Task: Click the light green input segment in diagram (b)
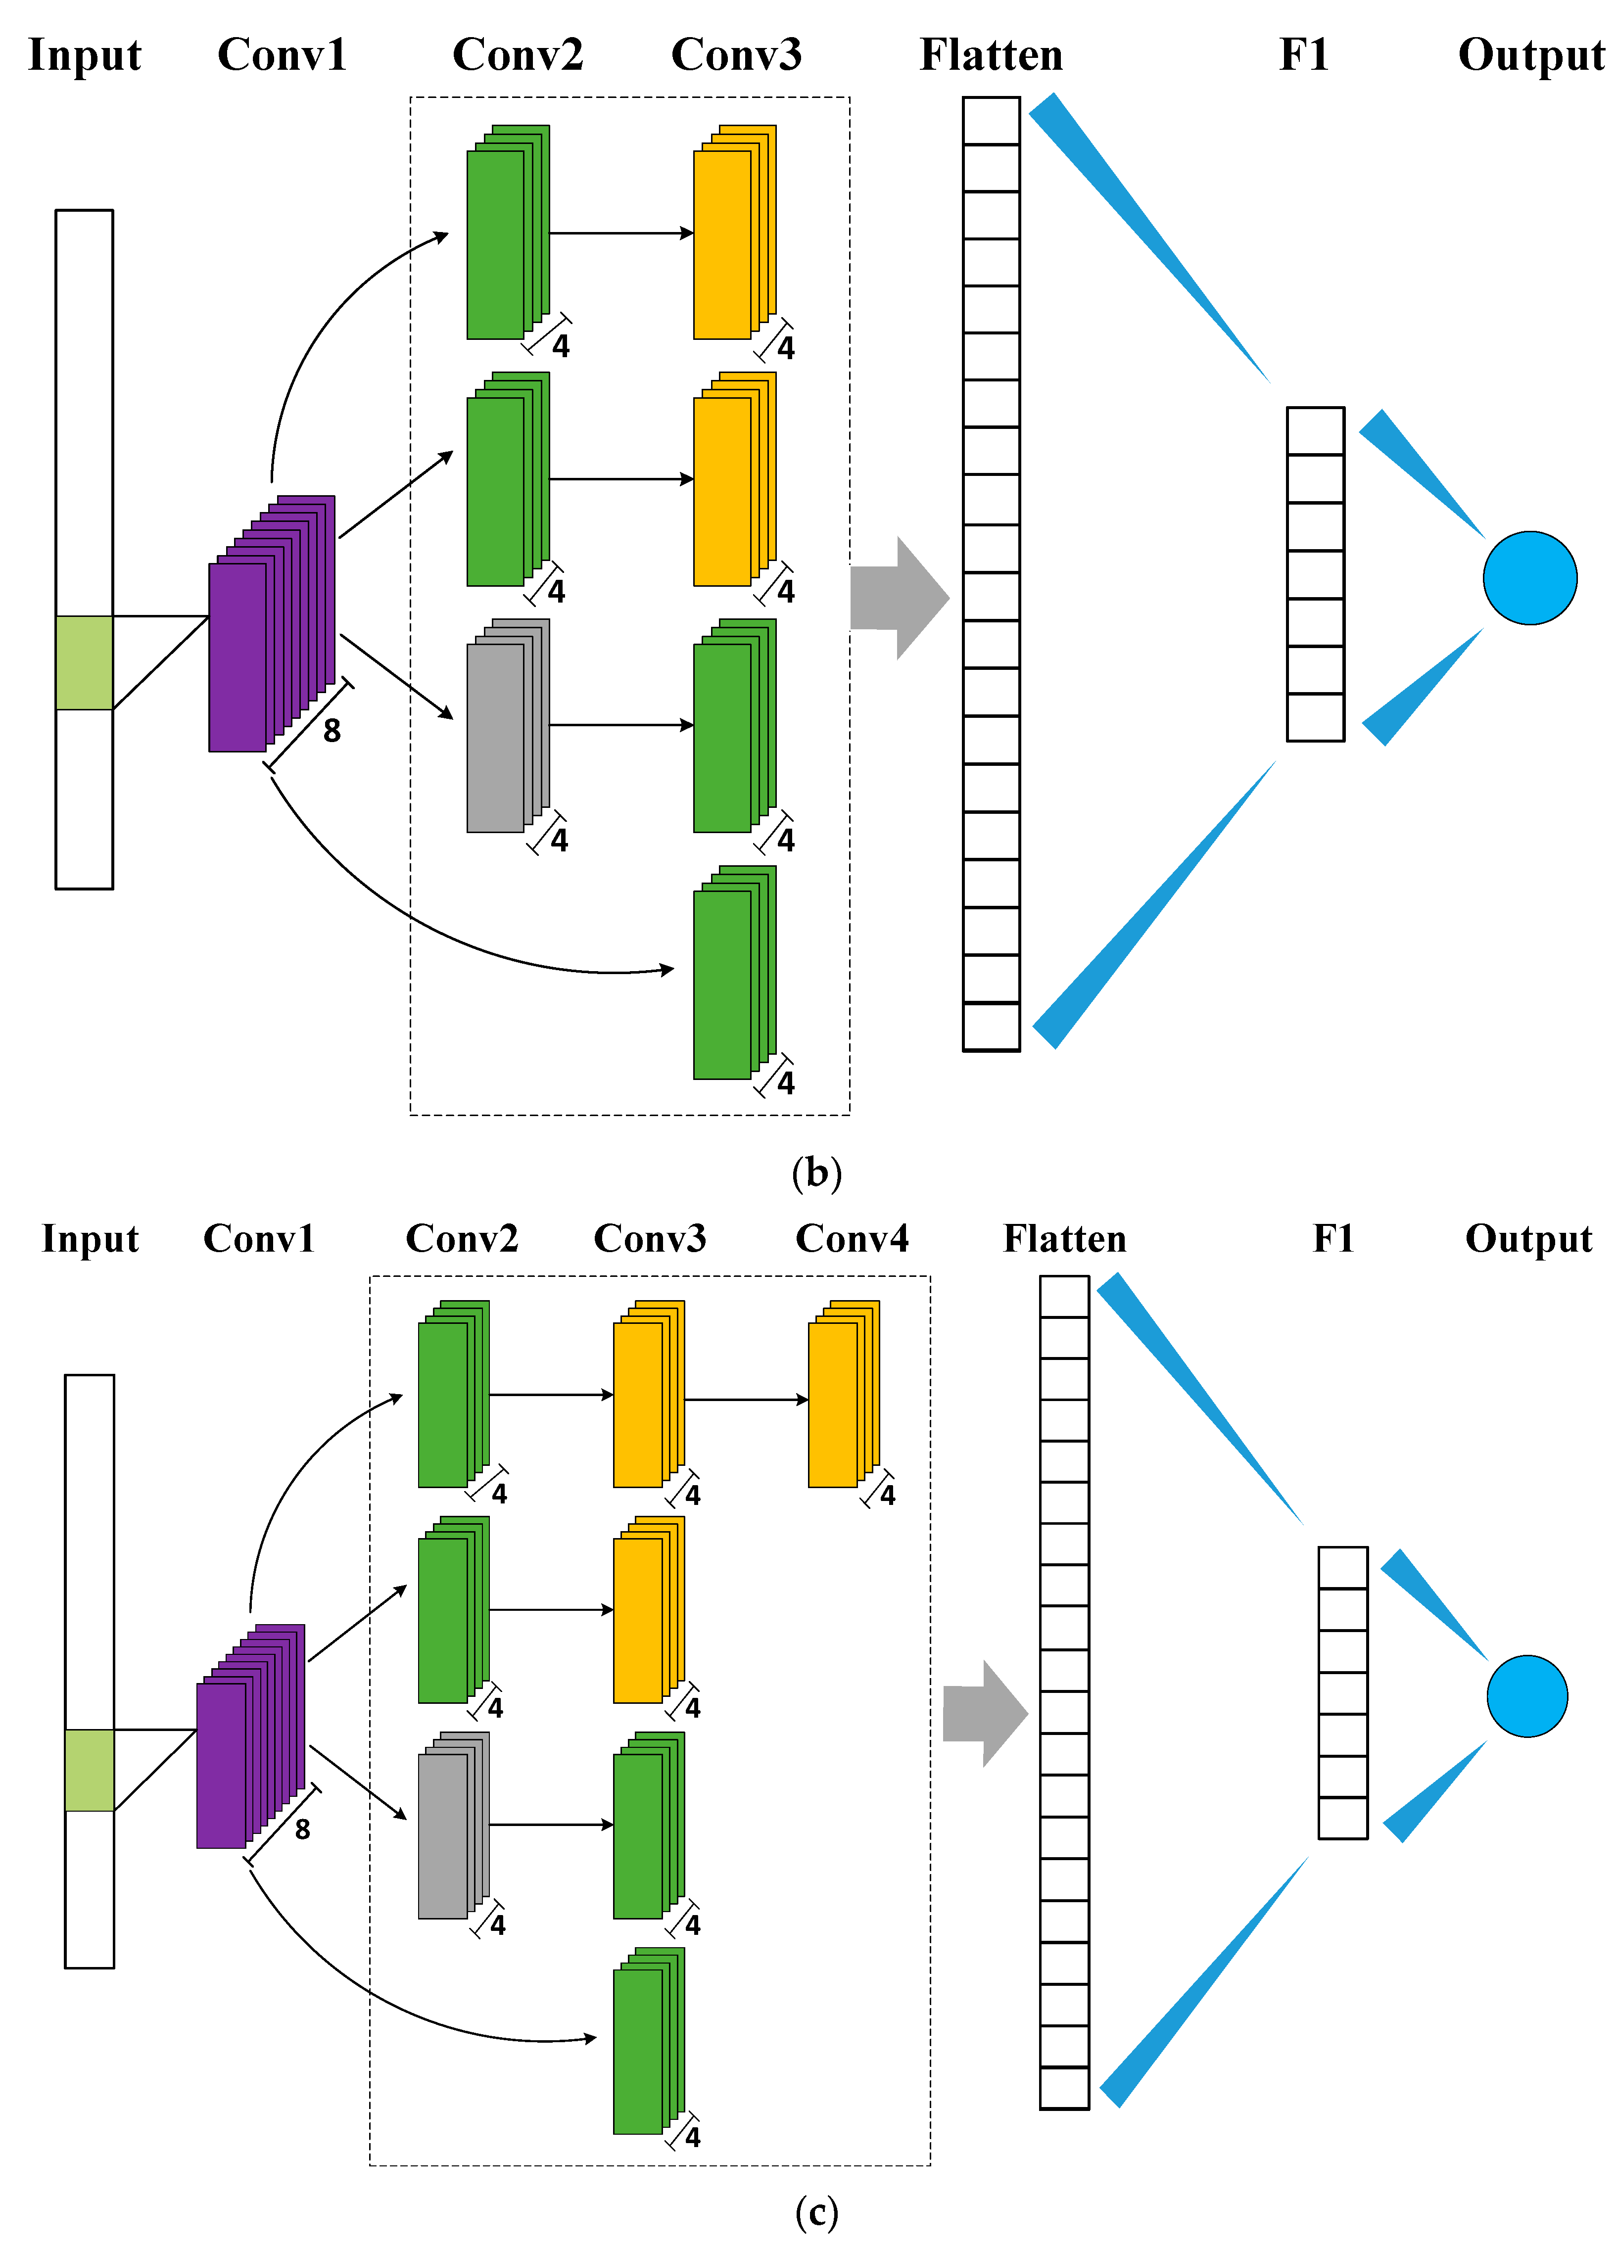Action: point(84,662)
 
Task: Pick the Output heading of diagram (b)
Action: point(1531,54)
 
